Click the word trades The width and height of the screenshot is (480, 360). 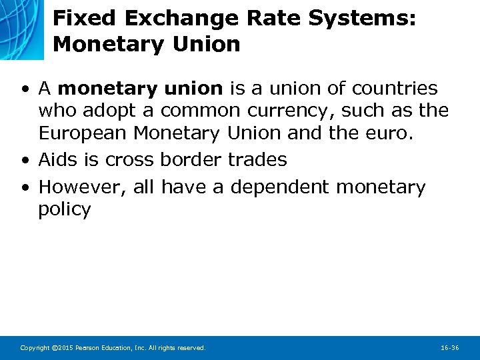[257, 160]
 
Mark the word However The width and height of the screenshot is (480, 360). [81, 187]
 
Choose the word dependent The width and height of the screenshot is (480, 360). [280, 187]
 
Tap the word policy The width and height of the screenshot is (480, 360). [65, 210]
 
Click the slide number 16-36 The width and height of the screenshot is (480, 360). [450, 348]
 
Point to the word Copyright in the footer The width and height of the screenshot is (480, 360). [33, 348]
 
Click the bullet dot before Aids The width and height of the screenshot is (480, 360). [24, 161]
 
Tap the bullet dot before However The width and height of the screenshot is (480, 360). [24, 188]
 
